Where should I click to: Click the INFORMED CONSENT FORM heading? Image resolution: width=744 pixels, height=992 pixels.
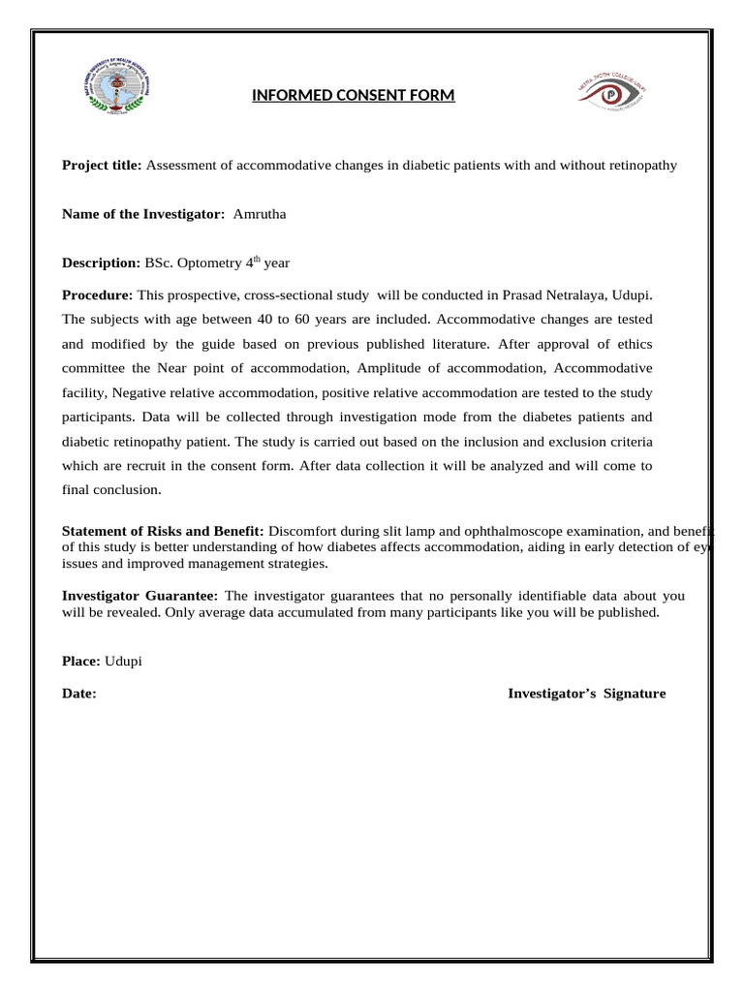[353, 95]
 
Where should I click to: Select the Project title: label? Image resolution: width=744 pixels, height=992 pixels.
[102, 166]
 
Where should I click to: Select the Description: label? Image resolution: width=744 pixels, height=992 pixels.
[102, 263]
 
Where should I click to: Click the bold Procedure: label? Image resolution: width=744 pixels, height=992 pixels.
[98, 294]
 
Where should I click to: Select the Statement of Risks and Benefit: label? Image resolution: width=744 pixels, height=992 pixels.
[163, 531]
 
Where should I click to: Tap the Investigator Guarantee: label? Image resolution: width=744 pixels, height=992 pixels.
[140, 595]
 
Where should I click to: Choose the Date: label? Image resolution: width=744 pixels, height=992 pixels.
[79, 694]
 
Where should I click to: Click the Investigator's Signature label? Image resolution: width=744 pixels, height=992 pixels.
[586, 694]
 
